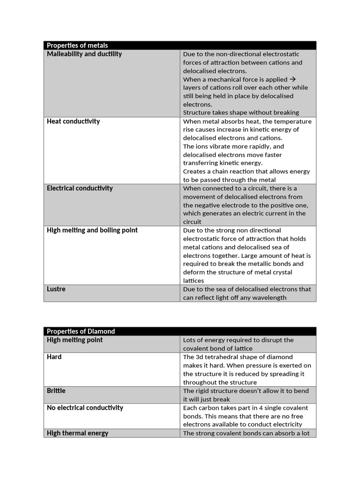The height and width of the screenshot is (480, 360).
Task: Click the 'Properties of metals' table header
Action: click(x=77, y=45)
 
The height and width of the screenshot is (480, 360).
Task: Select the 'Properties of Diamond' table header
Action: click(x=81, y=331)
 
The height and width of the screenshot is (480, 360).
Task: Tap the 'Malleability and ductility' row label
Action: click(x=84, y=54)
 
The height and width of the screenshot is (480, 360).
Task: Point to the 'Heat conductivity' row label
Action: click(x=73, y=121)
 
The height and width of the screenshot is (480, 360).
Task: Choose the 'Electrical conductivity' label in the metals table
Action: click(x=80, y=188)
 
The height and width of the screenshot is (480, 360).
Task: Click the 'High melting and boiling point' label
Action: click(x=92, y=230)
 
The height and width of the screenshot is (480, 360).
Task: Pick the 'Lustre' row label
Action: click(x=56, y=289)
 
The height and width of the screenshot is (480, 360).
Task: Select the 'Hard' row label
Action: click(x=54, y=357)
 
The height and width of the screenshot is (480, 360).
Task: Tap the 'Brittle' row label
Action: click(x=56, y=391)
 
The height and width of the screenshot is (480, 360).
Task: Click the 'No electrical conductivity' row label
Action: click(x=85, y=408)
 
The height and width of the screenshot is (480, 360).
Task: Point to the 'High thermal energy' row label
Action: click(x=77, y=433)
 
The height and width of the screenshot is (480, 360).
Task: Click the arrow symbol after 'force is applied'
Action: click(x=293, y=79)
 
